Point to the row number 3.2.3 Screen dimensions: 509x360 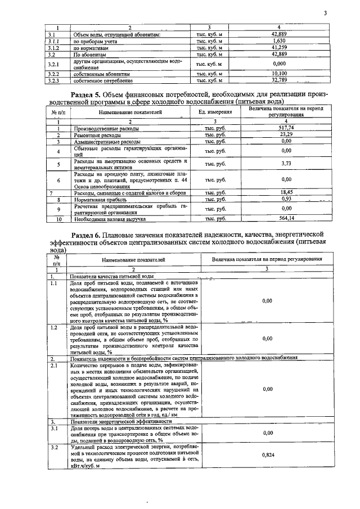pyautogui.click(x=53, y=80)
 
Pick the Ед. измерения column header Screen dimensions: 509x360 pyautogui.click(x=215, y=112)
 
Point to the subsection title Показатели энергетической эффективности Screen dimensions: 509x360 pyautogui.click(x=121, y=421)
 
